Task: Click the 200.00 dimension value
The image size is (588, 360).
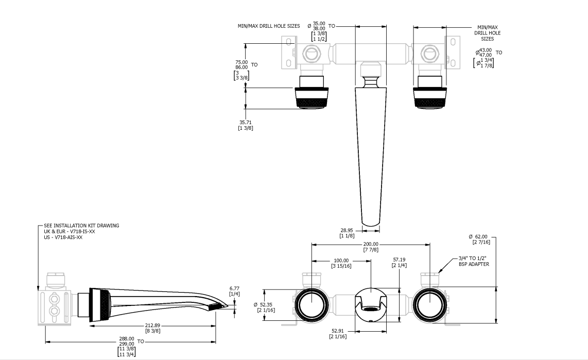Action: coord(371,244)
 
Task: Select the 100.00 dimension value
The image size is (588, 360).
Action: coord(341,260)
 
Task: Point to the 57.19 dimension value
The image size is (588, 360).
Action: coord(399,260)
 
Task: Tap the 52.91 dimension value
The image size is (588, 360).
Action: coord(338,331)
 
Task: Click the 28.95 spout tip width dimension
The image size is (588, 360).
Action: coord(347,230)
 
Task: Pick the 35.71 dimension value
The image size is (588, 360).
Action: coord(245,122)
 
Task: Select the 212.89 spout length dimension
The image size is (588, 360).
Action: coord(152,325)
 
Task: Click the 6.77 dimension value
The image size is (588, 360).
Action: coord(234,288)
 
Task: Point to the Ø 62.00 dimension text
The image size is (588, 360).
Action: coord(478,236)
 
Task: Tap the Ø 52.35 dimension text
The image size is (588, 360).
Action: coord(263,304)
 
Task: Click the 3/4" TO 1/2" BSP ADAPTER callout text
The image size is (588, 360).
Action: coord(474,261)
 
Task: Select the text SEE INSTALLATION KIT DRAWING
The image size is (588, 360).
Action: coord(81,226)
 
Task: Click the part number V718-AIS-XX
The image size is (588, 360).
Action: coord(68,237)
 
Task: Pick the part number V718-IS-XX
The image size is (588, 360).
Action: coord(82,231)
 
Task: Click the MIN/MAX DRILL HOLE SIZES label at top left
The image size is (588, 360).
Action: coord(269,26)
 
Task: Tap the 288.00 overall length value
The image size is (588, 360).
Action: coord(127,338)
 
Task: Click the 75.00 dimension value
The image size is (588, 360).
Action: coord(241,62)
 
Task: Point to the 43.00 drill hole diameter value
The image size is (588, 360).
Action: coord(485,50)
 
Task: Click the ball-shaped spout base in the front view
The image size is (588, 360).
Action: coord(371,304)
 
